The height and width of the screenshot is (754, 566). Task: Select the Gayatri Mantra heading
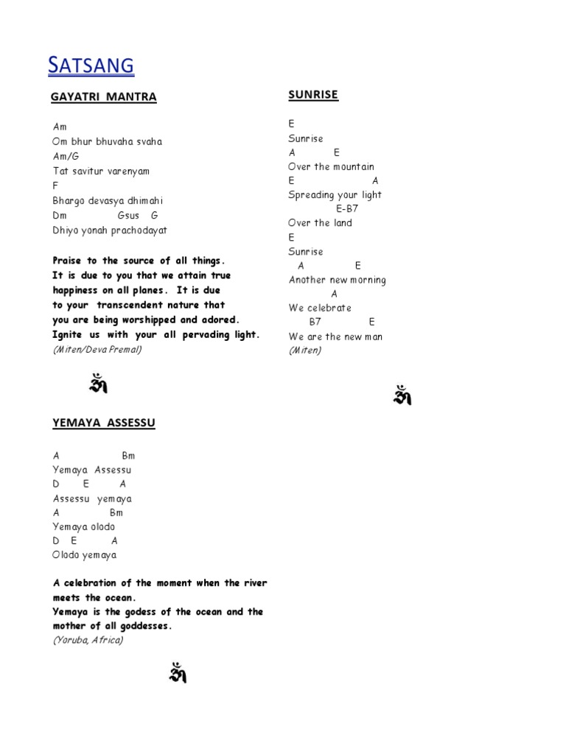point(104,97)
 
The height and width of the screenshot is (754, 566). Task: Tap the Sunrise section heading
point(313,95)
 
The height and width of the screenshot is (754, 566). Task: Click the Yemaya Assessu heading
point(104,423)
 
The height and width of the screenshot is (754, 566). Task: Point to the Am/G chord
point(66,156)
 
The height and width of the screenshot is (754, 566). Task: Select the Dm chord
point(60,215)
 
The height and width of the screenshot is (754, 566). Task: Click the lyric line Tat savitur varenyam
point(101,171)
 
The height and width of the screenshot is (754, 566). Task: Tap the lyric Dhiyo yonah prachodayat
point(110,230)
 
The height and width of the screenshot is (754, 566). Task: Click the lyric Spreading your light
point(335,195)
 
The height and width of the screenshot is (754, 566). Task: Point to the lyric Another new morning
point(337,280)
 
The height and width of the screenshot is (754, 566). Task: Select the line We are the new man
point(335,337)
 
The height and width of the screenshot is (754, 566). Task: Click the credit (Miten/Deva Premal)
point(97,349)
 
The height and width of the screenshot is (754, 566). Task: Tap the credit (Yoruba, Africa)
point(88,640)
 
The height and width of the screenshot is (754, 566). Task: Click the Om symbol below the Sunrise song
point(402,395)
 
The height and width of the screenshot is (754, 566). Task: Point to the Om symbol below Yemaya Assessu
point(177,673)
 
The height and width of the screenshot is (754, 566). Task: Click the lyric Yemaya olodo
point(83,526)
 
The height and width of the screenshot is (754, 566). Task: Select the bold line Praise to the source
point(139,261)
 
